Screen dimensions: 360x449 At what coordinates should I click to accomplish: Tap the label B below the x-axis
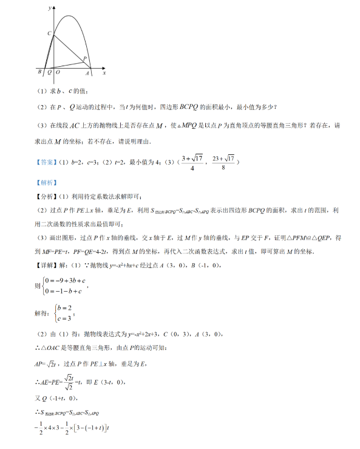[39, 73]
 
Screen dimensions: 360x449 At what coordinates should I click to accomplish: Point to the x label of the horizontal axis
[104, 73]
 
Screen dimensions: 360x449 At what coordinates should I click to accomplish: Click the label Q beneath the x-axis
[49, 73]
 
